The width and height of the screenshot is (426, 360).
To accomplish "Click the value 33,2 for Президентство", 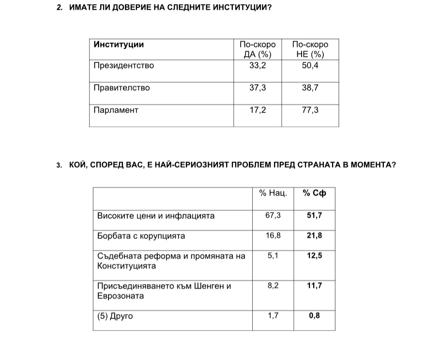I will click(258, 65).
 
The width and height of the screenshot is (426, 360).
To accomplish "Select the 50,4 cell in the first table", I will click(310, 65).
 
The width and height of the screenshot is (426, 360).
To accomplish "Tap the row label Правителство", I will click(122, 88).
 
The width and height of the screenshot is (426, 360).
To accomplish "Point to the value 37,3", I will click(258, 88).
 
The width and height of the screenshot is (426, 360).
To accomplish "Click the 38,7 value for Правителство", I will click(310, 88).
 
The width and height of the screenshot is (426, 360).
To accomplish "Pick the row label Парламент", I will click(116, 110).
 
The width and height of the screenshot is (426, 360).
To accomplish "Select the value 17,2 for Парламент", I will click(258, 110).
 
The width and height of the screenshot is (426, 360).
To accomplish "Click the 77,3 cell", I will click(310, 110).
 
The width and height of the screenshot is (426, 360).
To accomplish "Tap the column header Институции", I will click(119, 45).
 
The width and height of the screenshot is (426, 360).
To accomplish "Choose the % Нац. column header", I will click(273, 193).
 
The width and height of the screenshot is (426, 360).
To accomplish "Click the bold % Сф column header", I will click(315, 193).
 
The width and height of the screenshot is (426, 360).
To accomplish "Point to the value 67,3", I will click(273, 215).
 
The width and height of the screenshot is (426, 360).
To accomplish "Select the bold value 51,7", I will click(315, 215).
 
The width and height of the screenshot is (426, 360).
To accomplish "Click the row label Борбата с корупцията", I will click(141, 236).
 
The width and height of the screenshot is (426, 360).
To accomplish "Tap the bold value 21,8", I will click(315, 236).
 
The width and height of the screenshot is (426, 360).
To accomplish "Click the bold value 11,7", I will click(315, 286).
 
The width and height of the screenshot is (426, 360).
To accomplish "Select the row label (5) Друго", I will click(115, 316).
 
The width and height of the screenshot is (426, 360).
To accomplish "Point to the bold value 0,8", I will click(315, 316).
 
